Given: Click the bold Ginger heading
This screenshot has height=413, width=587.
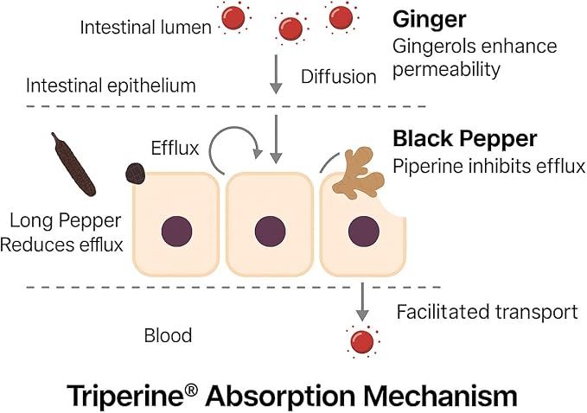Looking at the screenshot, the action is click(x=430, y=20).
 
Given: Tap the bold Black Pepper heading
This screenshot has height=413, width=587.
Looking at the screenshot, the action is click(x=465, y=139).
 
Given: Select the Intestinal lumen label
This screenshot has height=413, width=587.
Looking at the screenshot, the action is click(x=145, y=28).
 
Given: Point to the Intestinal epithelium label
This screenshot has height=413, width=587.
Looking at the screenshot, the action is click(x=111, y=86).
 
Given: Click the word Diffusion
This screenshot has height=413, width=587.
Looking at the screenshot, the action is click(x=338, y=77).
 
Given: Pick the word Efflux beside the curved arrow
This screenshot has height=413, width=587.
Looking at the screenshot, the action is click(x=175, y=148).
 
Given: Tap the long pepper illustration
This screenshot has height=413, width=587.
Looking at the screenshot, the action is click(x=73, y=165).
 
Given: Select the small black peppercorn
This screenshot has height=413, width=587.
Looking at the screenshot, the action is click(x=136, y=174).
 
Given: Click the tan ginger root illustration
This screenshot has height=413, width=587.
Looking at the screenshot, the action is click(x=359, y=172).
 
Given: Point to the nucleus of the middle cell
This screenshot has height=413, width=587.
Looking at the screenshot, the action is click(x=270, y=232).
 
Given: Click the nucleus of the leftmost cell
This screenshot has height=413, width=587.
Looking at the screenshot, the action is click(x=176, y=232).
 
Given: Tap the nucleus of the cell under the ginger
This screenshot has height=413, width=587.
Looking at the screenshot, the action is click(x=363, y=232).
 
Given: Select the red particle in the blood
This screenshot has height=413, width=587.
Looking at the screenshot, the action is click(x=362, y=341).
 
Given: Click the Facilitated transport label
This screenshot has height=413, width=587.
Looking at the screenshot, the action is click(x=487, y=312).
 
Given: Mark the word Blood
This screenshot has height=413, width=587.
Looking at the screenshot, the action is click(x=168, y=335).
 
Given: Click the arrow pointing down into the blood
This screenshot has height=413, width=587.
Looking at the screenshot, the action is click(x=362, y=302).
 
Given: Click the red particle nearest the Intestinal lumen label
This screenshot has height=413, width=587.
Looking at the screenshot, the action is click(x=233, y=17).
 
